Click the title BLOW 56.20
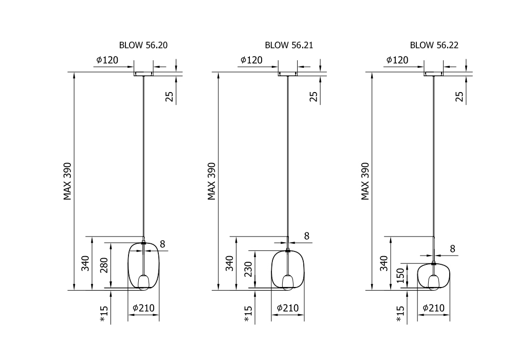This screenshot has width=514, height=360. (x=143, y=45)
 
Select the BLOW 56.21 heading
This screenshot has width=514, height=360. (x=289, y=45)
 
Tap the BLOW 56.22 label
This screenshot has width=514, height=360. (x=434, y=45)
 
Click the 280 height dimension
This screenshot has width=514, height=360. (x=104, y=265)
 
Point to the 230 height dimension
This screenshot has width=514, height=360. (x=248, y=269)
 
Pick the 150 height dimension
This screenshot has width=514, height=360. (x=400, y=276)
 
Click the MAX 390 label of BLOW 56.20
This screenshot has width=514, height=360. (x=67, y=181)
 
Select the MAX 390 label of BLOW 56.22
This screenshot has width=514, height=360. (x=365, y=181)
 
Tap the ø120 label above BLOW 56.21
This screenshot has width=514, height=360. (x=251, y=60)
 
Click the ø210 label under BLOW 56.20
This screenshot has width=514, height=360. (x=143, y=308)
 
